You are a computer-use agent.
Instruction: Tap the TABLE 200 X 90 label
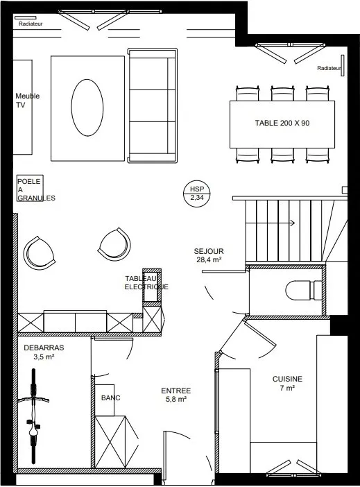click(x=282, y=123)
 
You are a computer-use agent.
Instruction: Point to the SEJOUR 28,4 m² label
click(x=209, y=256)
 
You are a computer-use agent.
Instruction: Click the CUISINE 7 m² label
click(x=287, y=384)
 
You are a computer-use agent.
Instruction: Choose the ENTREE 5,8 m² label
click(x=175, y=395)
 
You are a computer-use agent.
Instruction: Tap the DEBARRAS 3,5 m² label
click(x=43, y=352)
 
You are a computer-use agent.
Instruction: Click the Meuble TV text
click(x=28, y=101)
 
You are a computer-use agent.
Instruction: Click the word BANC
click(x=111, y=398)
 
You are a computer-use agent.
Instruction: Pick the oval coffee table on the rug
click(x=87, y=108)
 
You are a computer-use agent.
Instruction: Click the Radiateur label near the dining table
click(x=329, y=69)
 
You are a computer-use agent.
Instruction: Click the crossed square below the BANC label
click(x=110, y=441)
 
